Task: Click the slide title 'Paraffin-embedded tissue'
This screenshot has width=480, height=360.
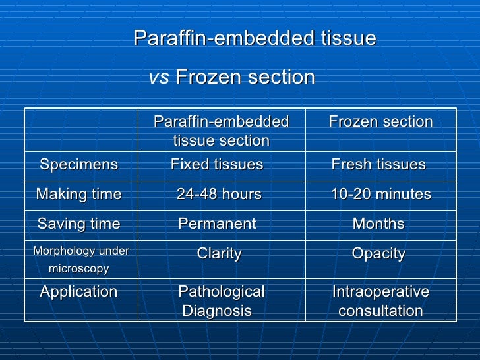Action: (x=255, y=39)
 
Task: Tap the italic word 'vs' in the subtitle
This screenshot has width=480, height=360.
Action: (x=159, y=78)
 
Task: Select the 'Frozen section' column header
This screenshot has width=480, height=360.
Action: (x=380, y=122)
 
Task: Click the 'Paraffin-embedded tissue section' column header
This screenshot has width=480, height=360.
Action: (x=221, y=131)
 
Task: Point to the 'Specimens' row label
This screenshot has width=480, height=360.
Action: (x=79, y=165)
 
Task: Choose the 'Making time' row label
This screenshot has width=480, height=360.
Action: (x=79, y=195)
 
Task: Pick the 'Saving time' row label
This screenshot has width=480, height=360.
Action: (x=79, y=224)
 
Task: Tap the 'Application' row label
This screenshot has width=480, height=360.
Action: (x=79, y=292)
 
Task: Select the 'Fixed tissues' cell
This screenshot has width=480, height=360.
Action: (x=217, y=165)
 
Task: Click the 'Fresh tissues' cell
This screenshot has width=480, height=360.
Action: (x=378, y=165)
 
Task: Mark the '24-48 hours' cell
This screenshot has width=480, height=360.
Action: (x=219, y=195)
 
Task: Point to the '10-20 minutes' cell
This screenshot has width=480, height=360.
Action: (x=380, y=195)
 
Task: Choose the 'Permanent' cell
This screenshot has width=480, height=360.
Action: (x=217, y=224)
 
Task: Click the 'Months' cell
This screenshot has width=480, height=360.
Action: (x=378, y=224)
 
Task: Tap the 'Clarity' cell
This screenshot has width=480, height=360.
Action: (x=220, y=255)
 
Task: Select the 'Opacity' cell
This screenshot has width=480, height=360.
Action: (x=378, y=255)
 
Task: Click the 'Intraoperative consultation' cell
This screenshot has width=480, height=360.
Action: (x=380, y=301)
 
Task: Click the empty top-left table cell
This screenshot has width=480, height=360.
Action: (x=81, y=131)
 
